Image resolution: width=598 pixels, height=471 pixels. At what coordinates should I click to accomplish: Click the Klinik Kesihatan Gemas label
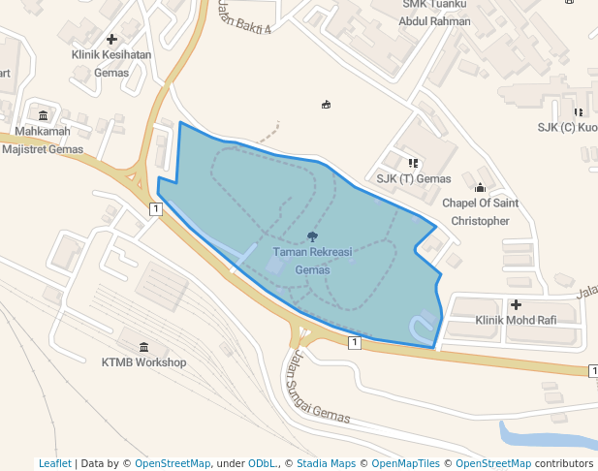(x=111, y=63)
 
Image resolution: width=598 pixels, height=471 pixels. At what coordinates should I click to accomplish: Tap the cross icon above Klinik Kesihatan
(x=111, y=40)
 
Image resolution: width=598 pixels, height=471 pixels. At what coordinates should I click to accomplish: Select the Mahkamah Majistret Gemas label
(x=43, y=141)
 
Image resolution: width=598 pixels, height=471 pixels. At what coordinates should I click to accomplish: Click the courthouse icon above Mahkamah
(x=43, y=116)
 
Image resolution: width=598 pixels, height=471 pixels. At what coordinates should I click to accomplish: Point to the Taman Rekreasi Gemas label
(x=312, y=261)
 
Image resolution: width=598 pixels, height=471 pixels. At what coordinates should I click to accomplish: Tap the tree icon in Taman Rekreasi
(x=312, y=236)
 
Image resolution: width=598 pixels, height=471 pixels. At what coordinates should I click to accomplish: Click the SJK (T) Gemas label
(x=414, y=178)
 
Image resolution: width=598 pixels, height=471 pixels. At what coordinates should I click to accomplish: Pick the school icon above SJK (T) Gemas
(x=414, y=162)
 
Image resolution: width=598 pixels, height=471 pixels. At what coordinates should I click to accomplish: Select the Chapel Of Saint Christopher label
(x=480, y=212)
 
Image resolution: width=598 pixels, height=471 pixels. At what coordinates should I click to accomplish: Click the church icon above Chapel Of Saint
(x=480, y=187)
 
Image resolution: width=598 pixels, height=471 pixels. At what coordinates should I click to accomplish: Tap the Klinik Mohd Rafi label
(x=516, y=320)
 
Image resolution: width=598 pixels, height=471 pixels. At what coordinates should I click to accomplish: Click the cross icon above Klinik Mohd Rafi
(x=516, y=305)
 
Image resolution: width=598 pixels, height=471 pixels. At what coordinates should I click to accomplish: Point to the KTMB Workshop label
(x=143, y=362)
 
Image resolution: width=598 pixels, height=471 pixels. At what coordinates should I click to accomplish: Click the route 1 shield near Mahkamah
(x=155, y=208)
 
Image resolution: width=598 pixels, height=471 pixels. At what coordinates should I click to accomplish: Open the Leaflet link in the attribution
(x=54, y=463)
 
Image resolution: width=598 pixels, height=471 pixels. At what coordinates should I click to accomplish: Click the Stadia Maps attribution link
(x=326, y=463)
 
